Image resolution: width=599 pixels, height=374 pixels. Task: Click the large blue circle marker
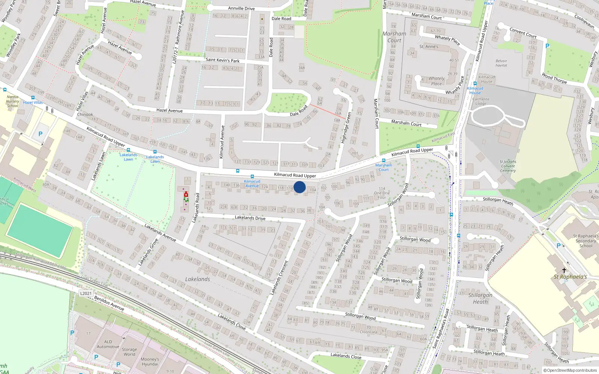[299, 187]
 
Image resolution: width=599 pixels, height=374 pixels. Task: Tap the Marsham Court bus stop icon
[383, 160]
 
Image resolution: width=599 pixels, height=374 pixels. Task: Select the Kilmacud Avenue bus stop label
[252, 184]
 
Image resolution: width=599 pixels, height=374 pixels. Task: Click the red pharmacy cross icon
[186, 194]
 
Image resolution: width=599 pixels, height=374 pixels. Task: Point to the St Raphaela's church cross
[564, 270]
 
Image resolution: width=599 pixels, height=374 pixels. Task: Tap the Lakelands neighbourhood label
[198, 279]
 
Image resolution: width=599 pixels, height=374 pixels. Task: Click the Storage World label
[129, 352]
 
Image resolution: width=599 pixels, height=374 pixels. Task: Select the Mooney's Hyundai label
[150, 362]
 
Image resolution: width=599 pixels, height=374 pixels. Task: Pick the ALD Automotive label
[108, 344]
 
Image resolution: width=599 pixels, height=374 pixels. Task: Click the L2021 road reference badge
[86, 293]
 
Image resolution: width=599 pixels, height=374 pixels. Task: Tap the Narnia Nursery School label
[12, 101]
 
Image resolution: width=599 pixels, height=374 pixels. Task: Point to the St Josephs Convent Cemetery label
[508, 166]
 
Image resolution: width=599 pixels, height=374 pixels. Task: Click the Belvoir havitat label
[501, 63]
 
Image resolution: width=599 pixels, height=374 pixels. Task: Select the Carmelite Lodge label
[481, 101]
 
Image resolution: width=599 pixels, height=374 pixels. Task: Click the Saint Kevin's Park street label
[222, 60]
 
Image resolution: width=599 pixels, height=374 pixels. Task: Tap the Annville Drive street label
[241, 8]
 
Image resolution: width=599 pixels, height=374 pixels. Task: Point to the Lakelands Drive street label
[250, 218]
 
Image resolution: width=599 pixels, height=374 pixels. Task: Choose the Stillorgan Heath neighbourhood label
[480, 298]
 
